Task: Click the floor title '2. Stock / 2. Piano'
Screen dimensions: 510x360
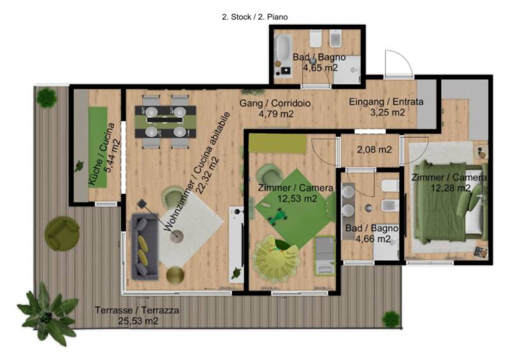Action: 254,17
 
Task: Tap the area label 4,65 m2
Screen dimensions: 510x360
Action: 321,68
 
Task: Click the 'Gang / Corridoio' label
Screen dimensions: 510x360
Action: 275,103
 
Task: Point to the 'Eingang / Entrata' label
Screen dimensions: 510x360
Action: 386,102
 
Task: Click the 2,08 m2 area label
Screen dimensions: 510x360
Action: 374,150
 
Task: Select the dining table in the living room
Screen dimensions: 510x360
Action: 166,121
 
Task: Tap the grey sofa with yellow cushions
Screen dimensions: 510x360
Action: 145,247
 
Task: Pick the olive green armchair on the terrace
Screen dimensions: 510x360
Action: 62,233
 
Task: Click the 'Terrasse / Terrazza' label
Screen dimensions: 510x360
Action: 137,310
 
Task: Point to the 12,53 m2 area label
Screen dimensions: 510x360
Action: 297,198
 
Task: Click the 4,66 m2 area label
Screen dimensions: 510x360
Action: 373,239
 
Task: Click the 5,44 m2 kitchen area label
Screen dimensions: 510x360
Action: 112,156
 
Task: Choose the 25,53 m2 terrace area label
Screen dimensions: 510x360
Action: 138,321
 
